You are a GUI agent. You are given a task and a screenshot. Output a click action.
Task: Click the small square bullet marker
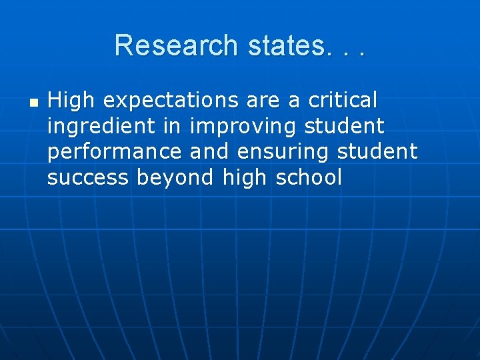click(x=34, y=103)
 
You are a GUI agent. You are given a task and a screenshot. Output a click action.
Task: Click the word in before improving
click(x=181, y=126)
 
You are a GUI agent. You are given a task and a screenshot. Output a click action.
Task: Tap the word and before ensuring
click(x=209, y=151)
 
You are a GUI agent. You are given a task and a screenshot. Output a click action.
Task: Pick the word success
click(x=89, y=178)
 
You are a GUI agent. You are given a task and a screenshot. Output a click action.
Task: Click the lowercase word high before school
click(x=246, y=178)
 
